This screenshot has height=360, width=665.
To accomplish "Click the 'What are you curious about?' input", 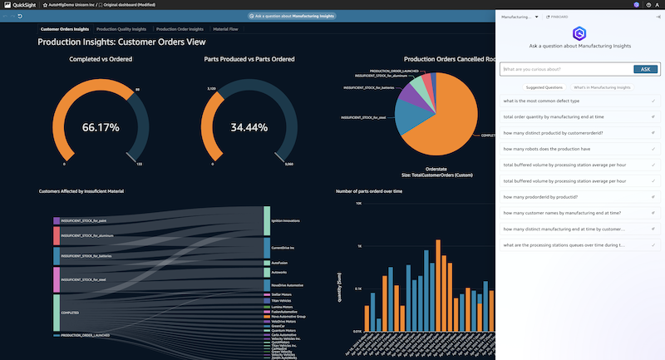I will click(566, 69).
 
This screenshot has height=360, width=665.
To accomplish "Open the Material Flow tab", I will click(225, 29).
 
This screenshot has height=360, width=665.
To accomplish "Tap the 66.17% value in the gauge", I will click(100, 128).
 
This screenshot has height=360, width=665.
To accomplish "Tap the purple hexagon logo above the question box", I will click(579, 34).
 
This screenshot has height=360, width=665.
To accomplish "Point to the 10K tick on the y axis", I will click(357, 203).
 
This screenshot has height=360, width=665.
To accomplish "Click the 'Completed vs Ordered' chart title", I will click(101, 59).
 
